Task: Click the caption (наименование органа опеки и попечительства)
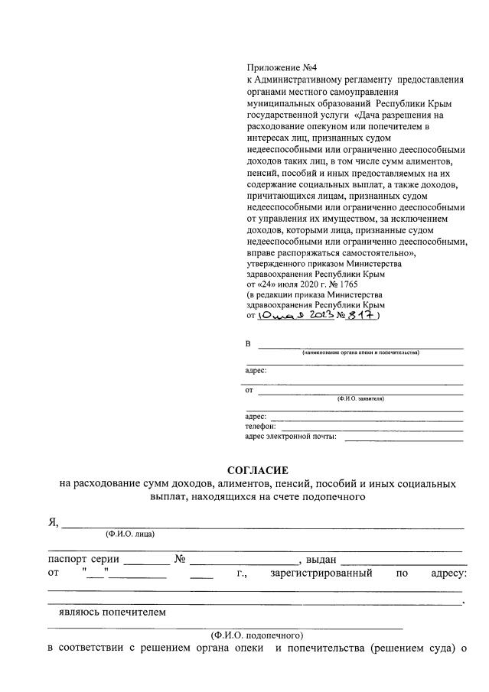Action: [x=360, y=352]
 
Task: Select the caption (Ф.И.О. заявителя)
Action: [x=360, y=398]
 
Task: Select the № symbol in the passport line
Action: [x=181, y=558]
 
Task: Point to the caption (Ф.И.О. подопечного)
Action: [x=257, y=635]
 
